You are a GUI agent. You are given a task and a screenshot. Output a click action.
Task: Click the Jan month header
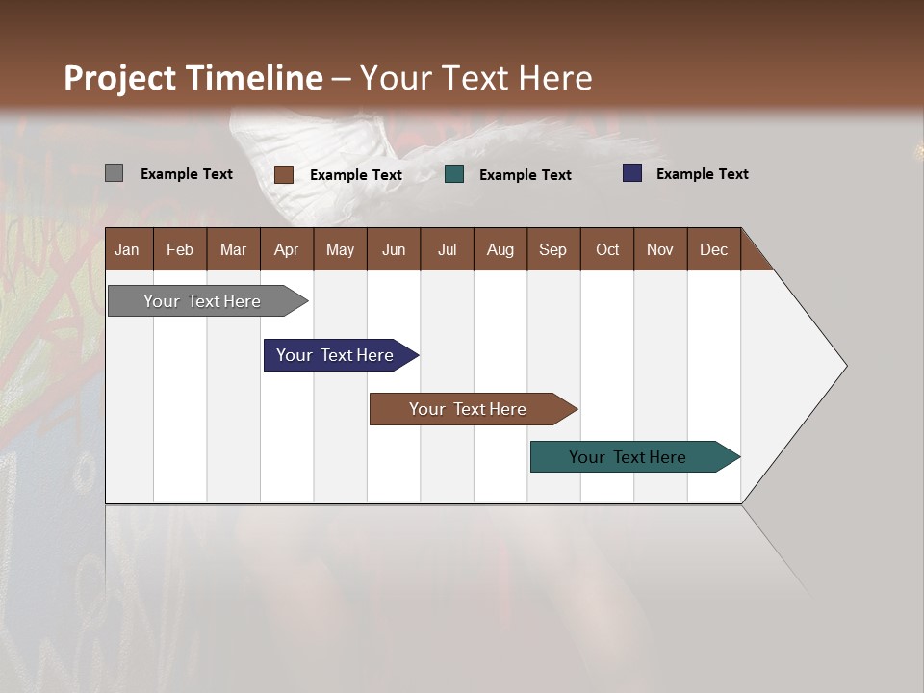[128, 249]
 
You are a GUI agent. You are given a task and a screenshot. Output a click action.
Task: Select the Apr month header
[286, 249]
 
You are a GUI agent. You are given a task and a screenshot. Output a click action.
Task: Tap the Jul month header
[447, 249]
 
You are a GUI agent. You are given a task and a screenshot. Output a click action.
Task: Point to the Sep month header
[552, 249]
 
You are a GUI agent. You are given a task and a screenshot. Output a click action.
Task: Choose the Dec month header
[713, 249]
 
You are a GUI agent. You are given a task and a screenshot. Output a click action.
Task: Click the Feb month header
[180, 249]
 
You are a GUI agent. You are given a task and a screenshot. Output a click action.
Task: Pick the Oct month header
[607, 249]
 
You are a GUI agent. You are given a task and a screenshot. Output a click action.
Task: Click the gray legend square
[114, 173]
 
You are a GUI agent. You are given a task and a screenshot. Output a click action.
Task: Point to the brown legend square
[283, 174]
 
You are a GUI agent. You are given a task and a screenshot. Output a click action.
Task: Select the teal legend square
[454, 174]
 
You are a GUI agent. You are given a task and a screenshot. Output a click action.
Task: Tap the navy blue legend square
[631, 173]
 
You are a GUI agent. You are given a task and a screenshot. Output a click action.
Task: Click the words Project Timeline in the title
[193, 78]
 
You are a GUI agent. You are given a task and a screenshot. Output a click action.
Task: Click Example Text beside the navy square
[702, 174]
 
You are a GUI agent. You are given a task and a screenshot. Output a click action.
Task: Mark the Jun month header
[394, 249]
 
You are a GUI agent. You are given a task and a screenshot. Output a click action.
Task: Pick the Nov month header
[660, 249]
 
